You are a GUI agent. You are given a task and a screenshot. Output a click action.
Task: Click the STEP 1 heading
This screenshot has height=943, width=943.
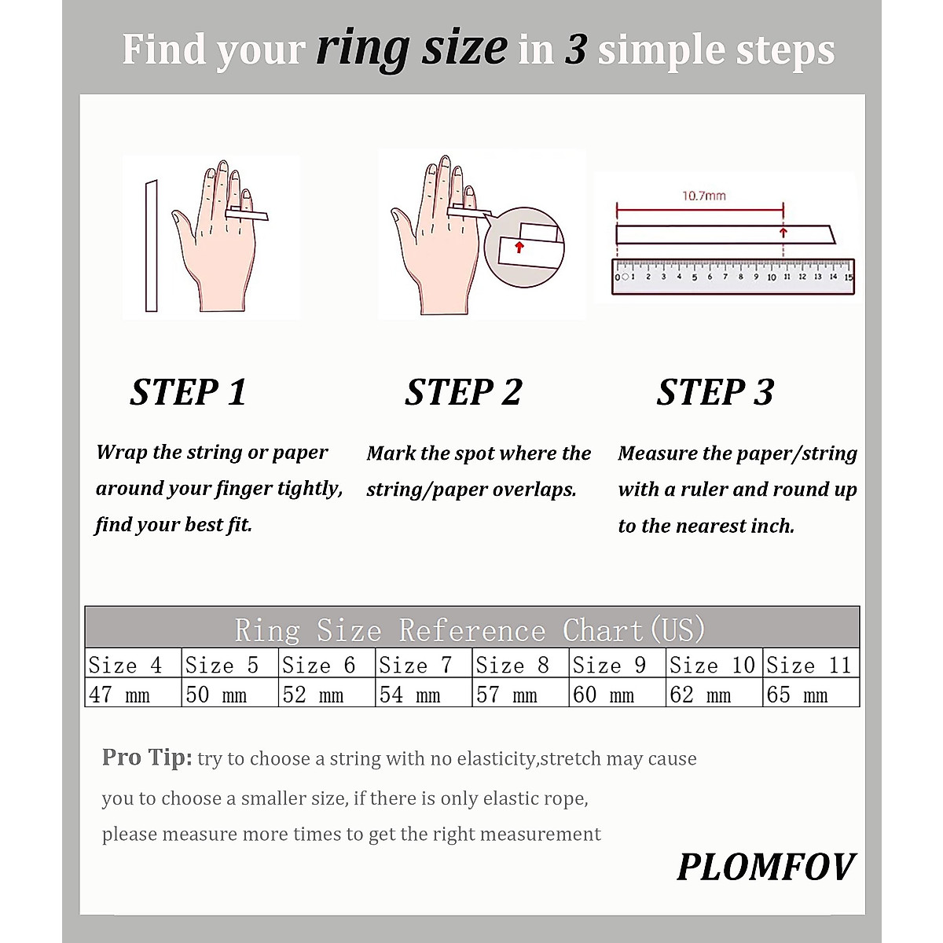tap(188, 392)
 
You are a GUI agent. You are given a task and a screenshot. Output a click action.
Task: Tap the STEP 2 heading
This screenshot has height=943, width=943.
tap(463, 392)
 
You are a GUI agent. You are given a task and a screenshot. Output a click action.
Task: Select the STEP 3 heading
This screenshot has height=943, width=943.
tap(715, 392)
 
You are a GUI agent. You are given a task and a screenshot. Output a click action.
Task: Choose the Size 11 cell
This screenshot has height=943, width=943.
tap(810, 665)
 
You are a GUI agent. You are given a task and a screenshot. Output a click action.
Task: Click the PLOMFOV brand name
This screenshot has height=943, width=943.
tap(765, 868)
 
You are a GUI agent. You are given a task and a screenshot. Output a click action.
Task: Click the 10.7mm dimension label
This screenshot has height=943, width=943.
tap(703, 196)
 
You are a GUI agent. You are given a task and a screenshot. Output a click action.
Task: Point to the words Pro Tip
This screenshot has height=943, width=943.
tap(146, 758)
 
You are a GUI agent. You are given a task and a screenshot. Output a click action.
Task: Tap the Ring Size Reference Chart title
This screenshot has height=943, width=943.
tap(470, 630)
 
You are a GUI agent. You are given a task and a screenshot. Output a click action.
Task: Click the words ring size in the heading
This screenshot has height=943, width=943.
tap(412, 49)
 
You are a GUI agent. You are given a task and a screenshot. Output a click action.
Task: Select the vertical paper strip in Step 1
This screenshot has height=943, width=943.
tap(151, 245)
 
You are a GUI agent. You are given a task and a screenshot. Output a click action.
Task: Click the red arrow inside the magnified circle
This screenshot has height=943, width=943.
tap(519, 247)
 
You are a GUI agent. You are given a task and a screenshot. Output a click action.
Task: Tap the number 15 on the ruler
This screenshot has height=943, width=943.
tap(847, 277)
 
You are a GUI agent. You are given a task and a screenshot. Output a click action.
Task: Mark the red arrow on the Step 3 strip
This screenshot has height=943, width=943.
tap(783, 233)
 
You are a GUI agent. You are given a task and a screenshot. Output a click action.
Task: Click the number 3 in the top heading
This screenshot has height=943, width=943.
tap(575, 50)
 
